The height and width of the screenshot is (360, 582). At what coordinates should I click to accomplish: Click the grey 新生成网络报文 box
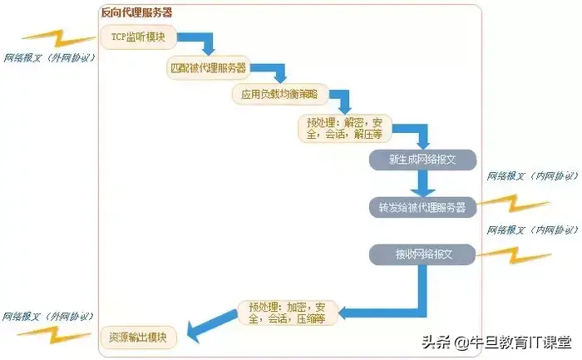coord(422,160)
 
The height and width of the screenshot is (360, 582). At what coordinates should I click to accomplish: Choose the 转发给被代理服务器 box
coord(422,206)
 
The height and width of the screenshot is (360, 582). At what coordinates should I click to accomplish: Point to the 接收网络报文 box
coord(422,253)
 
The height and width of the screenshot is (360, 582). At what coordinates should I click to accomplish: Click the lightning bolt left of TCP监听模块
coord(51,37)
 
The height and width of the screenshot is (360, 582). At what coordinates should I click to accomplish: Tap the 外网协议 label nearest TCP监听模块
coord(50,58)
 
